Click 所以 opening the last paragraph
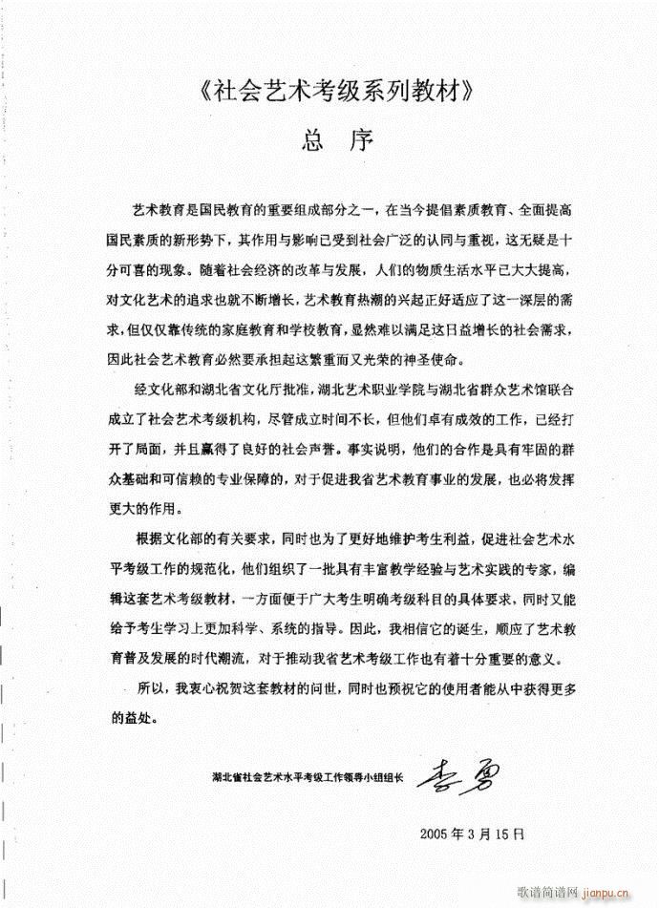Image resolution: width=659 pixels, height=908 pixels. [151, 686]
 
